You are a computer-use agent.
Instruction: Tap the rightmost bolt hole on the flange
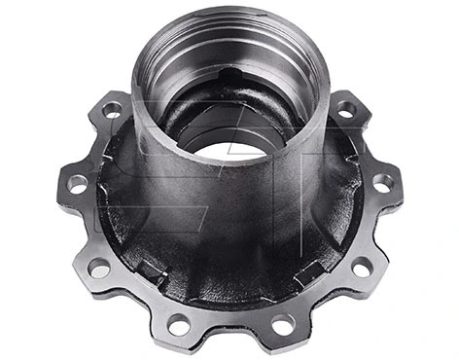pos(384,182)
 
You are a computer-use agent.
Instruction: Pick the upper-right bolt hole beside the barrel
pos(346,109)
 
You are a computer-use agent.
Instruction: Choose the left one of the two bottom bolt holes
pos(180,322)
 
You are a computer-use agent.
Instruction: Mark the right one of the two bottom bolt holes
pos(282,322)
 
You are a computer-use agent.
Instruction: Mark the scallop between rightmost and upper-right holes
pos(376,142)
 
